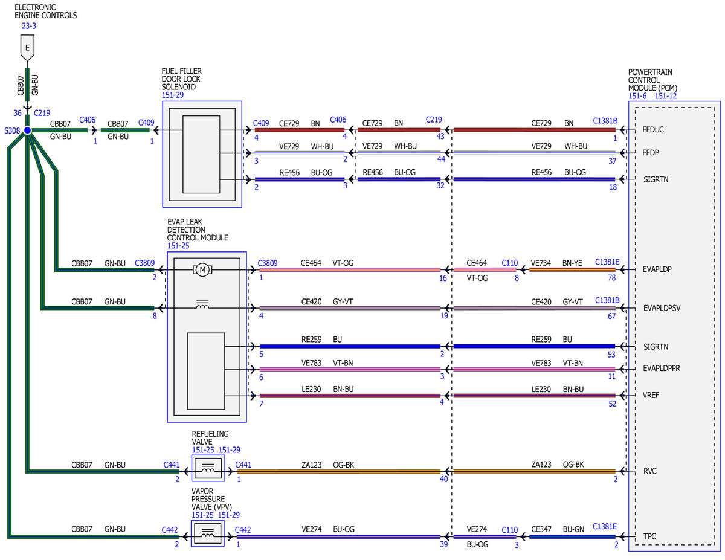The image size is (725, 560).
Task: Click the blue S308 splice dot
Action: coord(27,130)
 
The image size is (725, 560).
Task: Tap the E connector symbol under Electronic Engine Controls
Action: coord(27,49)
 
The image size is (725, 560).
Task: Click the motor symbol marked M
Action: coord(202,270)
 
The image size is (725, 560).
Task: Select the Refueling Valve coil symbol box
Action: coord(208,468)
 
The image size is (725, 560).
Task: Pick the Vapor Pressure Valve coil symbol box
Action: coord(207,533)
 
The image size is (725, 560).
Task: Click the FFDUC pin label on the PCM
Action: coord(653,129)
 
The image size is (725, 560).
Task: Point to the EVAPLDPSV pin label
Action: coord(662,308)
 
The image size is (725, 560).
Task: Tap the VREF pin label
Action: coord(651,395)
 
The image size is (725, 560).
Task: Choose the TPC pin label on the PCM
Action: coord(649,536)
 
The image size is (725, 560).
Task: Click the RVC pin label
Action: coord(650,471)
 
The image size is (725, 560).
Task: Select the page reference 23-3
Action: coord(29,26)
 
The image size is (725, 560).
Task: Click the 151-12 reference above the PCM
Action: coord(666,96)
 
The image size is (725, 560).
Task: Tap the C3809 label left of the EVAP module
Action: coord(144,263)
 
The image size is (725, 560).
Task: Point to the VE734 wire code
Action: coord(541,263)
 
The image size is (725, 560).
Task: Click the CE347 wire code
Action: coord(541,529)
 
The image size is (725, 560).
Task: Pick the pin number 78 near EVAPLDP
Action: coord(611,277)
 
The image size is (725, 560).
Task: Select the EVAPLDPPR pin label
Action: coord(662,369)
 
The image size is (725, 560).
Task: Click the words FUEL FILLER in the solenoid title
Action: coord(181,71)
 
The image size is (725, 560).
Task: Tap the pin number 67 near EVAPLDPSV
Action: coord(611,316)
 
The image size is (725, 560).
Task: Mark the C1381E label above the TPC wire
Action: coord(605,526)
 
